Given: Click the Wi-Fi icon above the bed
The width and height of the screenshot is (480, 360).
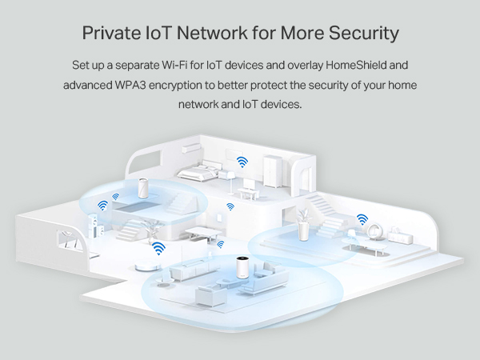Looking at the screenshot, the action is [242, 162].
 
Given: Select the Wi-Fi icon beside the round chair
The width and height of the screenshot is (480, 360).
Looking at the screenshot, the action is [362, 218].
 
